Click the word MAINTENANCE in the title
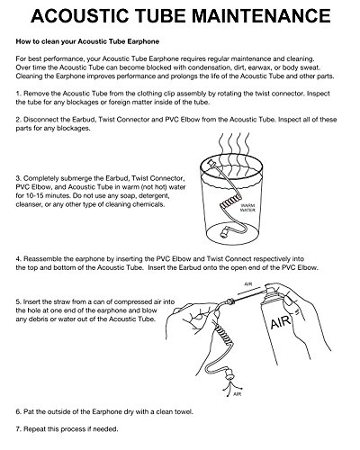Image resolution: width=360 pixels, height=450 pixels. point(261,16)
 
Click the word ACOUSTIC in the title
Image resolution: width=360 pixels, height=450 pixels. point(80,16)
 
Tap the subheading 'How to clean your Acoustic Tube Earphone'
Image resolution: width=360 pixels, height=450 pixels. point(87,41)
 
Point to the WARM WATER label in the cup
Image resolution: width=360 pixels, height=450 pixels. point(247,208)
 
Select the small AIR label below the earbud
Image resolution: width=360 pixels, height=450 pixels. point(237,394)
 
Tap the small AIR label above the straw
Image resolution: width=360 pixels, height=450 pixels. point(248,283)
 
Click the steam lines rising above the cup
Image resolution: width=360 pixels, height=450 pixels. point(234,146)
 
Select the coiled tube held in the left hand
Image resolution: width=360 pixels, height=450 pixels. point(221,335)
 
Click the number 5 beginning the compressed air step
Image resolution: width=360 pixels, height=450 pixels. point(18,301)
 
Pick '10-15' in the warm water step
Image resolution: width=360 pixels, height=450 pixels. point(36,196)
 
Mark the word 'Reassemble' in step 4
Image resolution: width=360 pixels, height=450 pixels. point(40,259)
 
